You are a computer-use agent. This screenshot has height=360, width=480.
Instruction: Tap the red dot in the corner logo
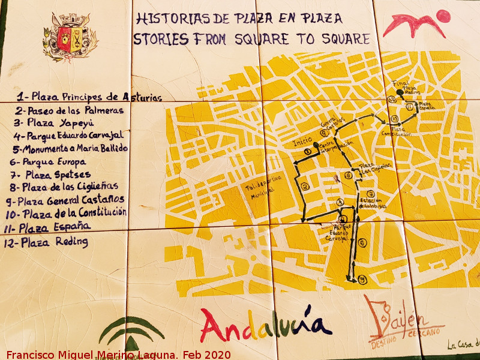tap(443, 16)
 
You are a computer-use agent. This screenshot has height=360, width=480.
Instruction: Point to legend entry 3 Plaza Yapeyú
tap(55, 122)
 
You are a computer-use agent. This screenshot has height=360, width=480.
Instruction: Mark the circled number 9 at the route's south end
tap(363, 280)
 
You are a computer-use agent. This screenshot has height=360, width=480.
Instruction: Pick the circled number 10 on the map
tap(394, 118)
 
